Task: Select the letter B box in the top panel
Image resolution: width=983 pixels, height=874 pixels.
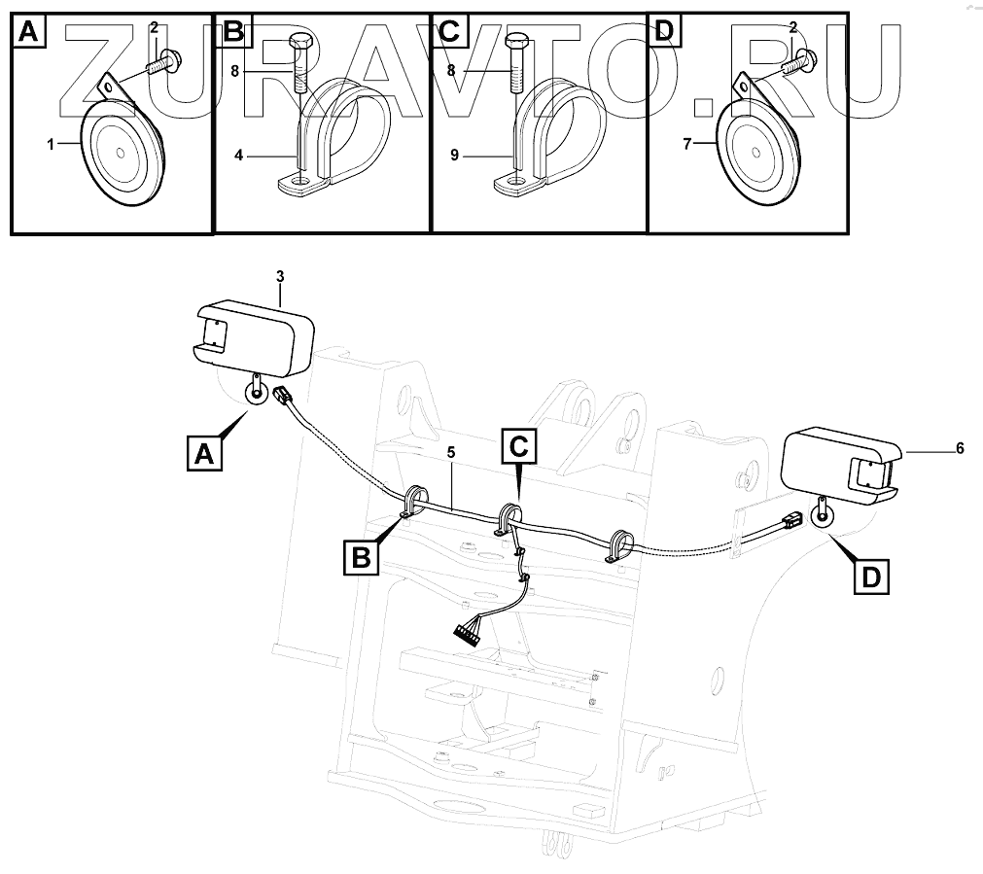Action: (232, 32)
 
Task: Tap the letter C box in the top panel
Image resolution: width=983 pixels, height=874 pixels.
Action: (448, 32)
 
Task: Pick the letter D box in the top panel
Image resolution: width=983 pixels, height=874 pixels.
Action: (663, 32)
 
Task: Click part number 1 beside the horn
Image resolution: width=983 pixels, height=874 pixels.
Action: (49, 144)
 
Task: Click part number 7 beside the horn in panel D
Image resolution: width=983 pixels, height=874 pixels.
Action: (687, 144)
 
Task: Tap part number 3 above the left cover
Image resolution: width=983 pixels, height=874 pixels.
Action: (280, 277)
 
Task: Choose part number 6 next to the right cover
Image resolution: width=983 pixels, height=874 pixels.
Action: (960, 448)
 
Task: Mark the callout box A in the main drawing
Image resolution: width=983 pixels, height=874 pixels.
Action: (203, 453)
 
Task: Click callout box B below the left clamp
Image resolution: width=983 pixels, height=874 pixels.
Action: (360, 557)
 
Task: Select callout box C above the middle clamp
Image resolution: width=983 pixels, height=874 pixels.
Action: (519, 447)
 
